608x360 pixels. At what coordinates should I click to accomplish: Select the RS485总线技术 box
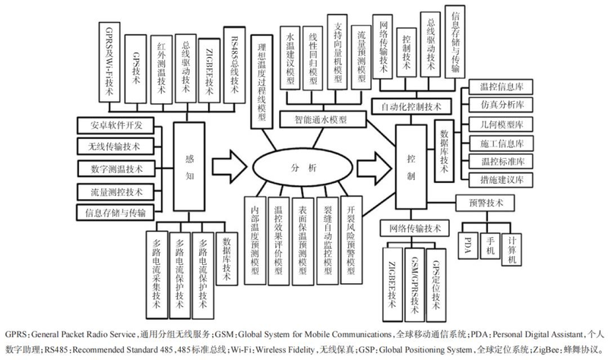point(233,65)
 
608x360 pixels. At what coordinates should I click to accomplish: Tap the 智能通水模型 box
point(324,120)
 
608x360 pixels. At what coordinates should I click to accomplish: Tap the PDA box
point(472,245)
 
